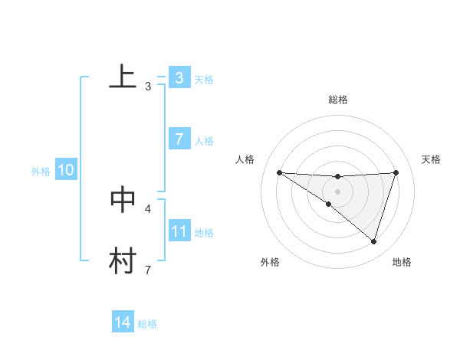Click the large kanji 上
point(123,77)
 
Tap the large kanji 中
point(123,198)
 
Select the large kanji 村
point(123,260)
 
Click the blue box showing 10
point(66,171)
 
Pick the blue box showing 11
point(179,231)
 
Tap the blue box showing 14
point(123,323)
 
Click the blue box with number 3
point(179,78)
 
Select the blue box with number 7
point(179,139)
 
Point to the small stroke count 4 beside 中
point(148,208)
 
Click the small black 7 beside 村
point(148,270)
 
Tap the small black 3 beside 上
point(148,87)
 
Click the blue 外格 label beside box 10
point(41,172)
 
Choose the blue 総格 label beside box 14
point(147,324)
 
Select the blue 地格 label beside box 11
point(204,232)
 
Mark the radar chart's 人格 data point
point(280,172)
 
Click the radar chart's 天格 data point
point(396,172)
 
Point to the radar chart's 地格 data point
point(373,241)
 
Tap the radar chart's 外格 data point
point(329,204)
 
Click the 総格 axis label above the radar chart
point(338,100)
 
